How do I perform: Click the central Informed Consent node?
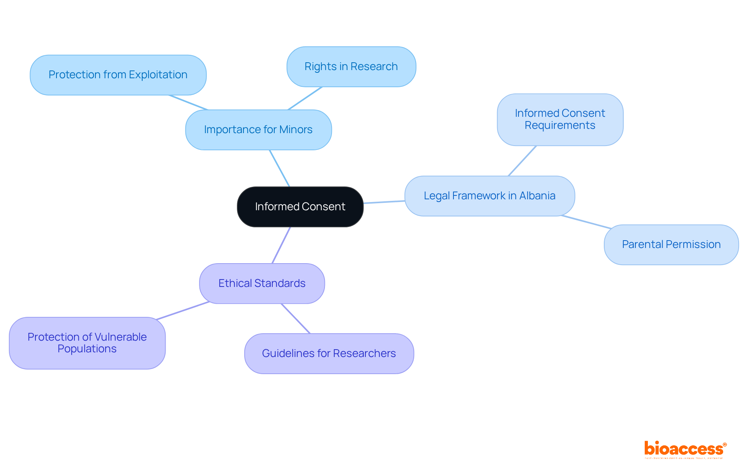pos(300,207)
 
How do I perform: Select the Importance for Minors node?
pos(258,130)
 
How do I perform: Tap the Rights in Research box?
pos(351,67)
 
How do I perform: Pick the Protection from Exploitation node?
pos(118,75)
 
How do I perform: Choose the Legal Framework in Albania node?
pos(489,196)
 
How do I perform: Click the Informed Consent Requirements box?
pos(560,120)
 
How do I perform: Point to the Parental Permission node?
pos(671,244)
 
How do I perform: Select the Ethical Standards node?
pos(262,283)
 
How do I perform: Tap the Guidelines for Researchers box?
pos(329,353)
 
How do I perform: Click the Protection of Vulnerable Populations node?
pos(87,343)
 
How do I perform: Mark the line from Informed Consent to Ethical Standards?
pos(281,245)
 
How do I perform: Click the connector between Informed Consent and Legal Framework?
pos(384,202)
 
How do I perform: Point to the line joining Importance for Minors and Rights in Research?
pos(305,98)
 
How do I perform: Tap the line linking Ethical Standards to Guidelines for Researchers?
pos(296,318)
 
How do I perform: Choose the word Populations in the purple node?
pos(87,349)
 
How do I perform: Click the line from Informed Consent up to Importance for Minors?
pos(279,168)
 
